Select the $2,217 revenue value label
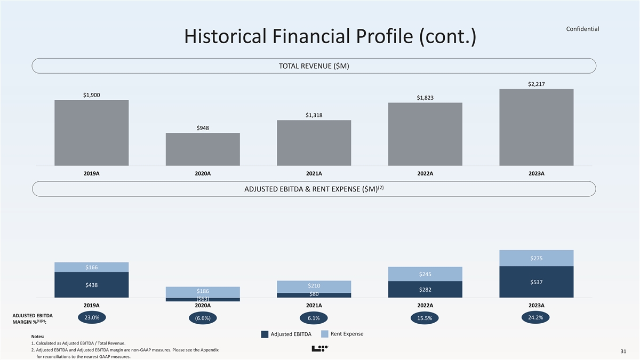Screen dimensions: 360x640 [x=536, y=84]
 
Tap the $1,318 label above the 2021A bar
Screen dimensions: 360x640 [x=314, y=115]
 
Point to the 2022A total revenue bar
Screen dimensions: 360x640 [x=425, y=134]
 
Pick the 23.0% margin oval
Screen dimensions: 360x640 [x=92, y=317]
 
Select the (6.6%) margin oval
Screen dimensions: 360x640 [x=203, y=318]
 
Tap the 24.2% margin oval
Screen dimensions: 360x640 [x=536, y=317]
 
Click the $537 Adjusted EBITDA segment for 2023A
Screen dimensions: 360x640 [x=536, y=282]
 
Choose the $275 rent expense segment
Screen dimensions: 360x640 [x=536, y=258]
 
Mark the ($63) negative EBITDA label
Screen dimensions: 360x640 [x=203, y=299]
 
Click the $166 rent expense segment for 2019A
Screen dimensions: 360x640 [x=92, y=267]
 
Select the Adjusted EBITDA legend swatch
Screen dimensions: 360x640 [x=265, y=334]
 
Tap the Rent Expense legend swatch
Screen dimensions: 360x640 [x=325, y=334]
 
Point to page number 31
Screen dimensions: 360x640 [x=623, y=351]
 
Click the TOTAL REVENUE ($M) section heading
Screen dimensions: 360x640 [x=314, y=66]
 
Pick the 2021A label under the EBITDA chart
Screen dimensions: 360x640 [x=314, y=306]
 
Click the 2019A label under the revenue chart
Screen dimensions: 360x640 [x=92, y=173]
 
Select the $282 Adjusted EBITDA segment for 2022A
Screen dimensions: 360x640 [x=425, y=289]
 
